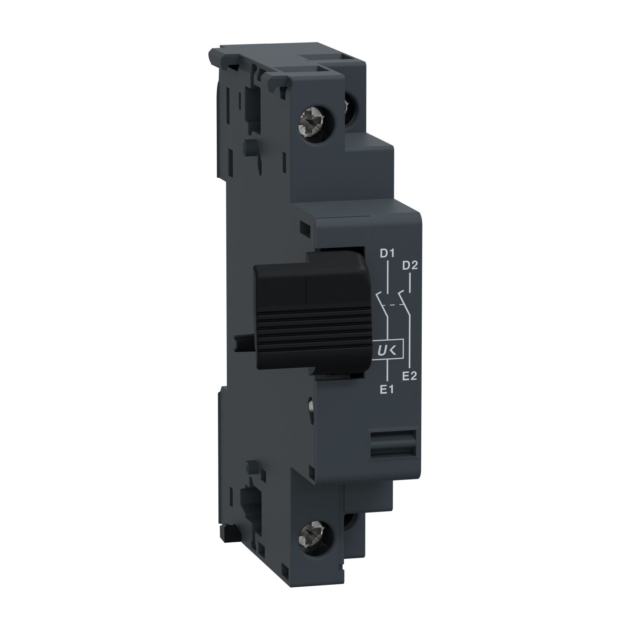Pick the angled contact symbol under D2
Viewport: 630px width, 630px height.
pyautogui.click(x=404, y=297)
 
